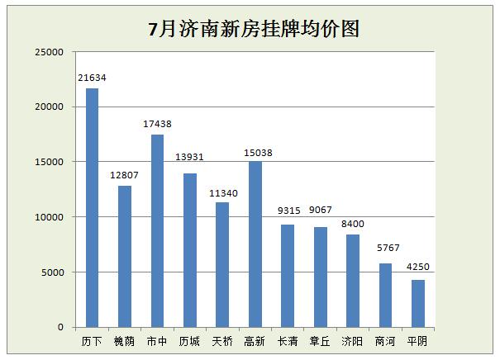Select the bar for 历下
pyautogui.click(x=92, y=207)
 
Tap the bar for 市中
pyautogui.click(x=157, y=230)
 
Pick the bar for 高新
pyautogui.click(x=255, y=244)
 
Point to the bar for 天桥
pyautogui.click(x=222, y=264)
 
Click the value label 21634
pyautogui.click(x=92, y=78)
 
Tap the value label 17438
pyautogui.click(x=157, y=124)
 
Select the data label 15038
pyautogui.click(x=255, y=151)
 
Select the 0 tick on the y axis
pyautogui.click(x=60, y=327)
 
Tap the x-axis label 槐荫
pyautogui.click(x=125, y=340)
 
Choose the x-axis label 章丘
pyautogui.click(x=320, y=340)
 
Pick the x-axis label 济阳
pyautogui.click(x=352, y=340)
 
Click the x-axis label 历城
pyautogui.click(x=190, y=340)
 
